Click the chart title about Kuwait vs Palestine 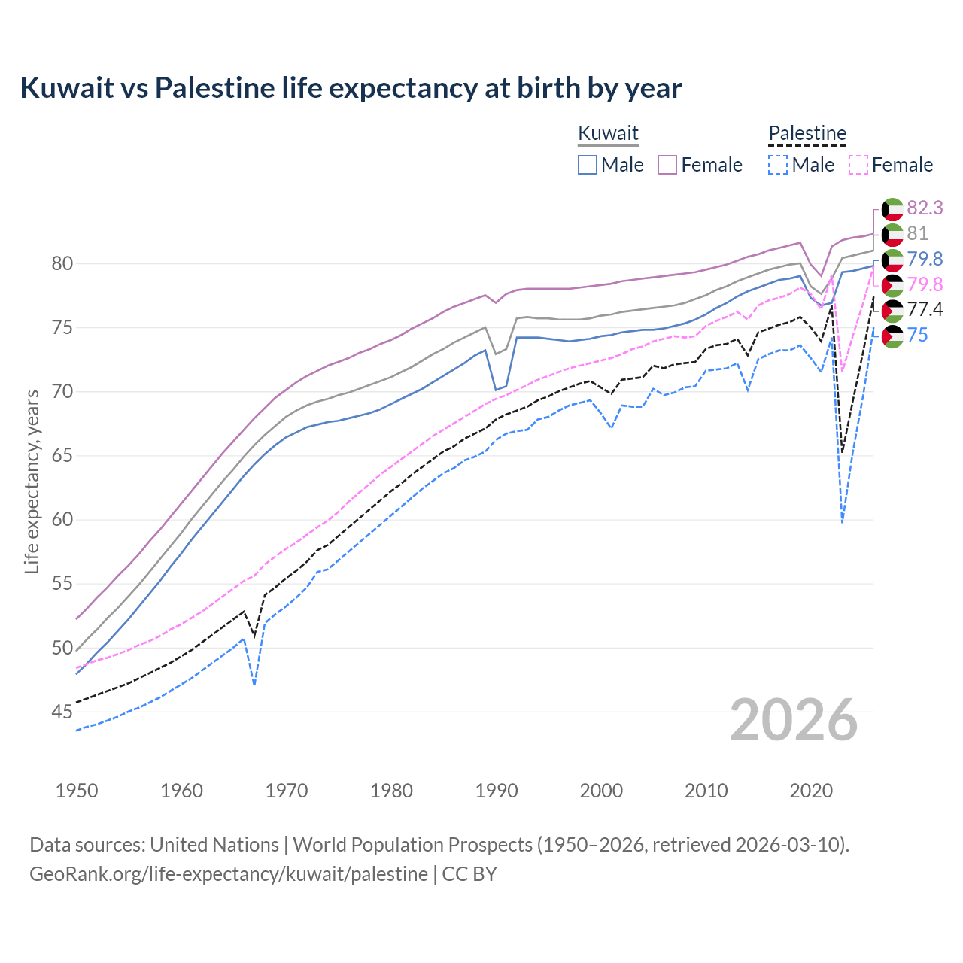pyautogui.click(x=351, y=88)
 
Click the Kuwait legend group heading pyautogui.click(x=608, y=133)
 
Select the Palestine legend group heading pyautogui.click(x=807, y=133)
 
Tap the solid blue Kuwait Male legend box pyautogui.click(x=588, y=165)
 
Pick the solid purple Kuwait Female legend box pyautogui.click(x=667, y=165)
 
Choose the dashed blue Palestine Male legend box pyautogui.click(x=778, y=165)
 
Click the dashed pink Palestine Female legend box pyautogui.click(x=858, y=165)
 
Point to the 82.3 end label pyautogui.click(x=925, y=208)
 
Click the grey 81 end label pyautogui.click(x=917, y=233)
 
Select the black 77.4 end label pyautogui.click(x=925, y=310)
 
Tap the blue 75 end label pyautogui.click(x=917, y=336)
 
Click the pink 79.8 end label pyautogui.click(x=925, y=284)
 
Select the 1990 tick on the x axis pyautogui.click(x=497, y=791)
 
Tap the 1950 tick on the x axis pyautogui.click(x=77, y=791)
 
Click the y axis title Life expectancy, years pyautogui.click(x=32, y=481)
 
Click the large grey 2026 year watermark pyautogui.click(x=793, y=720)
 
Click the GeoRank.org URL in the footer pyautogui.click(x=228, y=874)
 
